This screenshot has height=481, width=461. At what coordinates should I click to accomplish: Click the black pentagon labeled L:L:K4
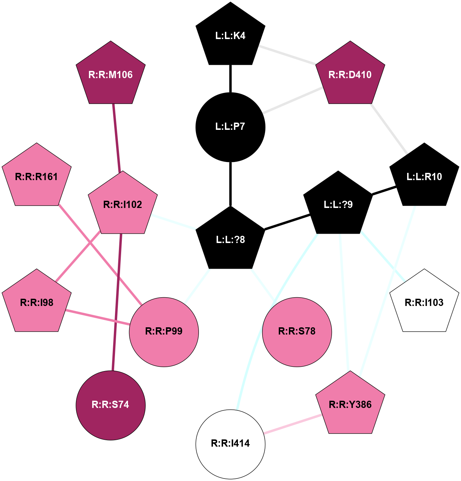pos(230,36)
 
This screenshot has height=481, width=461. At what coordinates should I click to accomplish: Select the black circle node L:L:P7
pos(230,127)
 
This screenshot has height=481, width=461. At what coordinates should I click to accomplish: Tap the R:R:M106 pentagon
pos(111,75)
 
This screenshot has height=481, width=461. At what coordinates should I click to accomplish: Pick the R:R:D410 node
pos(350,75)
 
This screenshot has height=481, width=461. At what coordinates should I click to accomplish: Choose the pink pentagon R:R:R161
pos(37,177)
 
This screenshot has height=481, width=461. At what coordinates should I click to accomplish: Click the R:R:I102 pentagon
pos(123,205)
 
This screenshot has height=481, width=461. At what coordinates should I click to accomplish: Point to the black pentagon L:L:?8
pos(230,239)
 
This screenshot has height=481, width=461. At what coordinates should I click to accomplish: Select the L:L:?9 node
pos(338,205)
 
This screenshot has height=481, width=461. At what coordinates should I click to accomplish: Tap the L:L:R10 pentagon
pos(424,177)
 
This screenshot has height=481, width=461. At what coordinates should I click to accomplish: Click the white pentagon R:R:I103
pos(424,303)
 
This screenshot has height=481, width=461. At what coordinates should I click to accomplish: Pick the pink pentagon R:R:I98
pos(37,303)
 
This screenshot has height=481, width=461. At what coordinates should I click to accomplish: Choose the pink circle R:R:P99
pos(164,332)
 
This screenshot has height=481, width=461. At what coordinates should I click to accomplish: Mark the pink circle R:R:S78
pos(297,332)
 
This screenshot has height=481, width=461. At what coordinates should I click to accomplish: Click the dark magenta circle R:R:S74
pos(111,405)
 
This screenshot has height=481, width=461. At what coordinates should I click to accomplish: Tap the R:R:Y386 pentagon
pos(350,405)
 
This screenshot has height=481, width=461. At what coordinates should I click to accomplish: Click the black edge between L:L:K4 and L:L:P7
pos(230,79)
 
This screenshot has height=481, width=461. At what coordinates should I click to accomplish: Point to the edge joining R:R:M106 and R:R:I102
pos(116,137)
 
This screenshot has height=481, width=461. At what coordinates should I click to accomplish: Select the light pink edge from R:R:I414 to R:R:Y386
pos(293,424)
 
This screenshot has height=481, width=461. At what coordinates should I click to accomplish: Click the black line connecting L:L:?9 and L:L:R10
pos(384,191)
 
